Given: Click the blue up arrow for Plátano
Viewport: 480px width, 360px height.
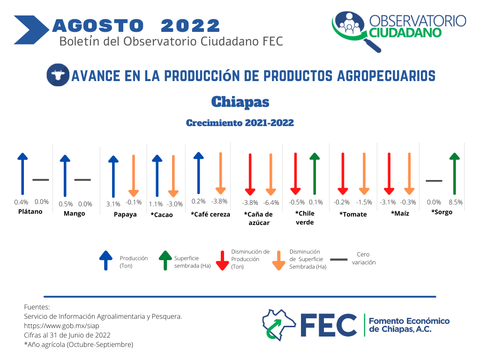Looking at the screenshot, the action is click(22, 173).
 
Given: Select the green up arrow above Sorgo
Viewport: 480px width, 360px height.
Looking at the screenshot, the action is click(455, 173).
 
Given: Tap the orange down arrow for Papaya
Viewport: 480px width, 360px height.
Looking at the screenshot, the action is click(134, 176).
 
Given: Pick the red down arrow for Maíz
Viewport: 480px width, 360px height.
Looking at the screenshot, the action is click(389, 173).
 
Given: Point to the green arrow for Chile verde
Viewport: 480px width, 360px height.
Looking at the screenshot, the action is click(315, 173).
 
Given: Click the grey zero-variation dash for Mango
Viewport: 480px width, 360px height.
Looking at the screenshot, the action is click(82, 180).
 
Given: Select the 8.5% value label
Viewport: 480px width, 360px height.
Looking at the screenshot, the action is click(456, 202).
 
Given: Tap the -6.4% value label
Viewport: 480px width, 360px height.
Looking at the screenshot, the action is click(271, 202).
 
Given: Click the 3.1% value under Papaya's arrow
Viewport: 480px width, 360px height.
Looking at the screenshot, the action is click(113, 204).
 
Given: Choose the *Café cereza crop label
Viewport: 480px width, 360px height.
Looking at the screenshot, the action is click(210, 214).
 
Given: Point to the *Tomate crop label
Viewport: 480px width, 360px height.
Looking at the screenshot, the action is click(353, 214).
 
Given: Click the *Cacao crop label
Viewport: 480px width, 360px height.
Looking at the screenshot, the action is click(162, 215).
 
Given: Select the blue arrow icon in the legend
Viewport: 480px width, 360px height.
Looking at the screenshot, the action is click(106, 261).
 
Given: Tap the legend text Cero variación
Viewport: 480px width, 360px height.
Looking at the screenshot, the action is click(364, 258).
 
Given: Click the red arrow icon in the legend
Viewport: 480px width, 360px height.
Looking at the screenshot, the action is click(222, 261).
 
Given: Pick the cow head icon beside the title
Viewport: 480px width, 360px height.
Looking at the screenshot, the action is click(58, 75).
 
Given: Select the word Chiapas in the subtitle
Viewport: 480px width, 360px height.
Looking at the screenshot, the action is click(240, 102).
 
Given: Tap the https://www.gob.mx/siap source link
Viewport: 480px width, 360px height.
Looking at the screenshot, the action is click(61, 326).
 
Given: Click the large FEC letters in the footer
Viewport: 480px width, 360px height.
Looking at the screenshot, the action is click(329, 325).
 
